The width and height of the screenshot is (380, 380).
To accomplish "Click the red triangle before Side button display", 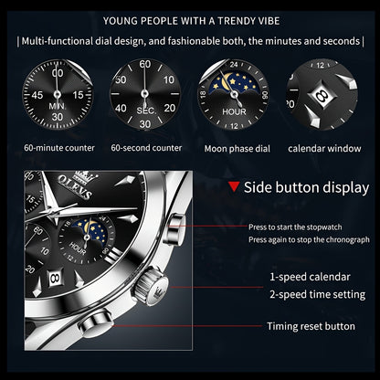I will point(235,187).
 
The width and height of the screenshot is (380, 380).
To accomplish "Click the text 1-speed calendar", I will point(311,276).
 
